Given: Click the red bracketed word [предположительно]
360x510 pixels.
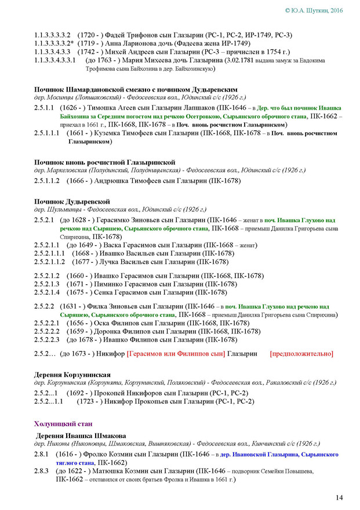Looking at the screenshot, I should pyautogui.click(x=301, y=353).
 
